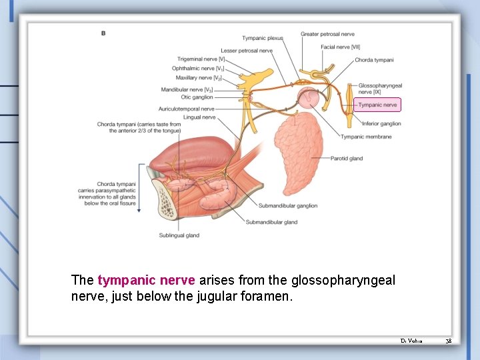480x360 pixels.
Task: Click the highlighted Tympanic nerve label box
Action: (377, 105)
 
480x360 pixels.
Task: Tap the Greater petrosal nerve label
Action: (327, 34)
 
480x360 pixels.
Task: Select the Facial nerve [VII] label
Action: (340, 47)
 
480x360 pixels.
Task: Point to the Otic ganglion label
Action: (197, 97)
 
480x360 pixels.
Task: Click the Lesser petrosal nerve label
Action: (247, 51)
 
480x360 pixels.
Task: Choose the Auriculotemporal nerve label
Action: (186, 109)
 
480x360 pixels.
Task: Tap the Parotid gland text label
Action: (347, 159)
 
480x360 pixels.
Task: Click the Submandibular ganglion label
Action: (288, 206)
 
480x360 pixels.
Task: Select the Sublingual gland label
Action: (179, 235)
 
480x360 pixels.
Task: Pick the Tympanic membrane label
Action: (366, 137)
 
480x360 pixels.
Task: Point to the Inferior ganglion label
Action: (381, 123)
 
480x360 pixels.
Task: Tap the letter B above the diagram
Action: (103, 33)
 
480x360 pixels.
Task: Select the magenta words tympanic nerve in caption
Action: (147, 281)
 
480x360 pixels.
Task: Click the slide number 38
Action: (449, 341)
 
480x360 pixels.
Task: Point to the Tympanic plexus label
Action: (262, 38)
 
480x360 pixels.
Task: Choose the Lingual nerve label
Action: (199, 117)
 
